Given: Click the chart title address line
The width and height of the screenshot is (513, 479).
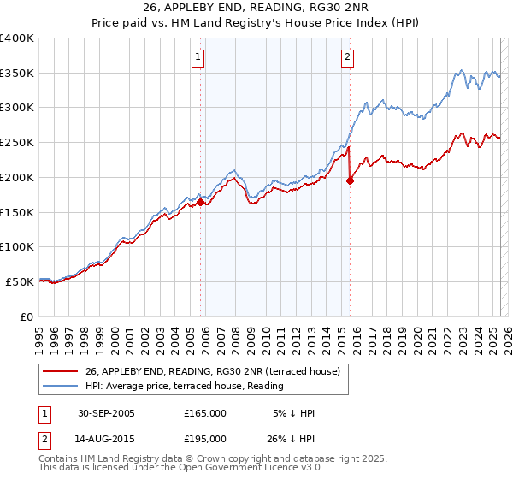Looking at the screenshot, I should click(x=256, y=9).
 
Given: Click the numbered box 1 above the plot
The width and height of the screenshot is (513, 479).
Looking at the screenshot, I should click(x=198, y=57).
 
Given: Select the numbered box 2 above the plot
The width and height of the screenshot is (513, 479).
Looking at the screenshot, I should click(x=348, y=57).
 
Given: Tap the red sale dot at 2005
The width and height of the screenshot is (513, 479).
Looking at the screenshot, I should click(x=201, y=202).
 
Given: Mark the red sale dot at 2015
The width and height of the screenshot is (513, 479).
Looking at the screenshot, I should click(x=350, y=180).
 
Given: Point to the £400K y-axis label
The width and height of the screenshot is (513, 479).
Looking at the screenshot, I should click(x=17, y=38).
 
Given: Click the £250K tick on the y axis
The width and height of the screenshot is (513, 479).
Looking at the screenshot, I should click(x=17, y=143).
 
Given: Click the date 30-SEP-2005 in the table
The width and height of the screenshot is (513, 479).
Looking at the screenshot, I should click(x=106, y=413).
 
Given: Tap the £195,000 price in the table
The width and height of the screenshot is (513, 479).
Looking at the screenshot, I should click(x=205, y=439).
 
